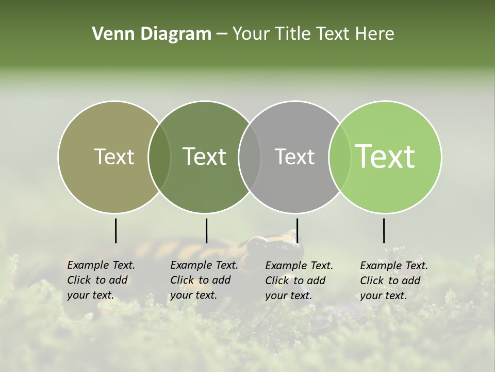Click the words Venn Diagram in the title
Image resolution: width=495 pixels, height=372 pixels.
click(152, 34)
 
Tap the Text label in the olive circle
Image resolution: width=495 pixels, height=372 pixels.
click(114, 157)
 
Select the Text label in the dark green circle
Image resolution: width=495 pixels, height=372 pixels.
click(204, 157)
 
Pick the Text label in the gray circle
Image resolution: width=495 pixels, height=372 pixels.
click(294, 157)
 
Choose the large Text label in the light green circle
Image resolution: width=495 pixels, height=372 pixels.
click(385, 157)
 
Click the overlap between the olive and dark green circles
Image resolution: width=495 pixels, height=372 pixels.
click(159, 157)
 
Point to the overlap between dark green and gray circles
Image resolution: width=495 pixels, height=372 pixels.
click(250, 157)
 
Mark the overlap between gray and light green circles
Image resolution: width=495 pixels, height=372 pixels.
click(340, 157)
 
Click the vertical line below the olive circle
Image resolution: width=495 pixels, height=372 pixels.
click(116, 230)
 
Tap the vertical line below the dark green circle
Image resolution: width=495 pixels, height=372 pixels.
click(206, 230)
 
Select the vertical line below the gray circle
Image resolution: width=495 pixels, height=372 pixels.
click(297, 230)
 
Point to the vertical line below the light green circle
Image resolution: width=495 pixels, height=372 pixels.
click(384, 230)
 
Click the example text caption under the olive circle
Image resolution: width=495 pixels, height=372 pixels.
click(101, 280)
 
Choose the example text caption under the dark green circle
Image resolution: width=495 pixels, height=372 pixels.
click(204, 280)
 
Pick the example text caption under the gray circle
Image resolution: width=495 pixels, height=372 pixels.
click(299, 281)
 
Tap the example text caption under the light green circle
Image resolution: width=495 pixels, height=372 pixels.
click(393, 281)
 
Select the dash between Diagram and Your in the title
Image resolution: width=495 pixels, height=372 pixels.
click(222, 34)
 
